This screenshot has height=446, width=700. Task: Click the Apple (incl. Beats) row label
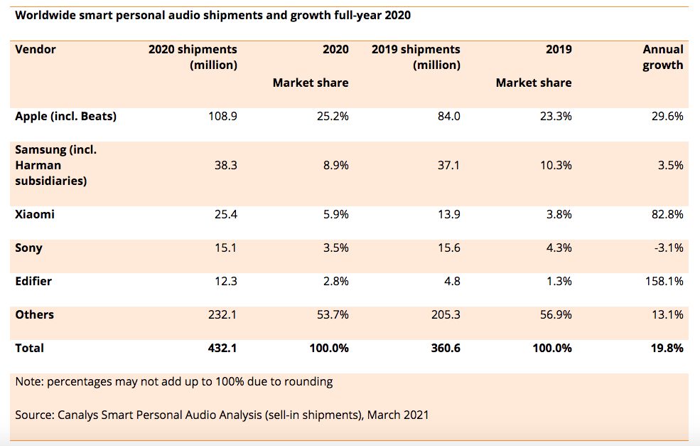click(x=65, y=116)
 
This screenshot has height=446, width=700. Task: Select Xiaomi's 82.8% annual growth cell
click(x=665, y=214)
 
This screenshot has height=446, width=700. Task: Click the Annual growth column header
click(x=662, y=57)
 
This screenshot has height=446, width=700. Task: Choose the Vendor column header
click(x=35, y=49)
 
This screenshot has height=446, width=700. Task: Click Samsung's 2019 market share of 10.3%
click(x=554, y=165)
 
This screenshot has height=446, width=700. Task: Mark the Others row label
click(x=34, y=314)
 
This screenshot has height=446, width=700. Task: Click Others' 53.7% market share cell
click(x=332, y=314)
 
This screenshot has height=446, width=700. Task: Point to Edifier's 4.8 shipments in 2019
click(x=451, y=281)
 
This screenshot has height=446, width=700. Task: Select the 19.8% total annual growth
click(x=666, y=348)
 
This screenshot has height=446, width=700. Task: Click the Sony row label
click(x=28, y=248)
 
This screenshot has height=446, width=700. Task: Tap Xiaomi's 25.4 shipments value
click(x=225, y=214)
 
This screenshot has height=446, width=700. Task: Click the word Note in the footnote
click(x=28, y=381)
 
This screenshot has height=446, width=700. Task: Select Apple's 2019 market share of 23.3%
click(x=554, y=116)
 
